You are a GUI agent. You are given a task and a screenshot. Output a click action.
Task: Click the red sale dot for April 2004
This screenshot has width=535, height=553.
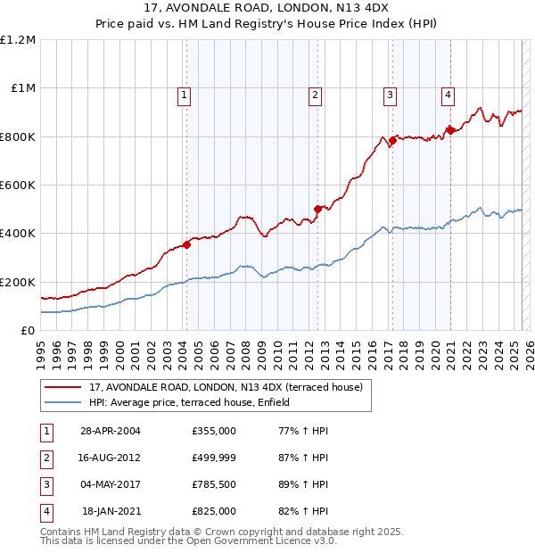click(186, 244)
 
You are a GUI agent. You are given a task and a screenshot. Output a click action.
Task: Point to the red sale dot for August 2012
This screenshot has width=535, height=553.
click(317, 210)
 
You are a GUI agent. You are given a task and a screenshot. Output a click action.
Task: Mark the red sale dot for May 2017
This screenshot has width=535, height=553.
click(392, 140)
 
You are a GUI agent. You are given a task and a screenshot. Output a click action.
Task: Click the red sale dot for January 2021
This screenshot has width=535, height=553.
click(450, 130)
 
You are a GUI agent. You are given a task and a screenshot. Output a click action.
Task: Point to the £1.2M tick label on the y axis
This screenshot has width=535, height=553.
click(18, 40)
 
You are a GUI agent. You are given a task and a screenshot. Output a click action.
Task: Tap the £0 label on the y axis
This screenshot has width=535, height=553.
click(29, 330)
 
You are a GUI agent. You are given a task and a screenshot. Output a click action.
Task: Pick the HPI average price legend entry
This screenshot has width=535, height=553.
click(195, 403)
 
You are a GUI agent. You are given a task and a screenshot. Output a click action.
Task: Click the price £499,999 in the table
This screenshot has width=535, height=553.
click(214, 458)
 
